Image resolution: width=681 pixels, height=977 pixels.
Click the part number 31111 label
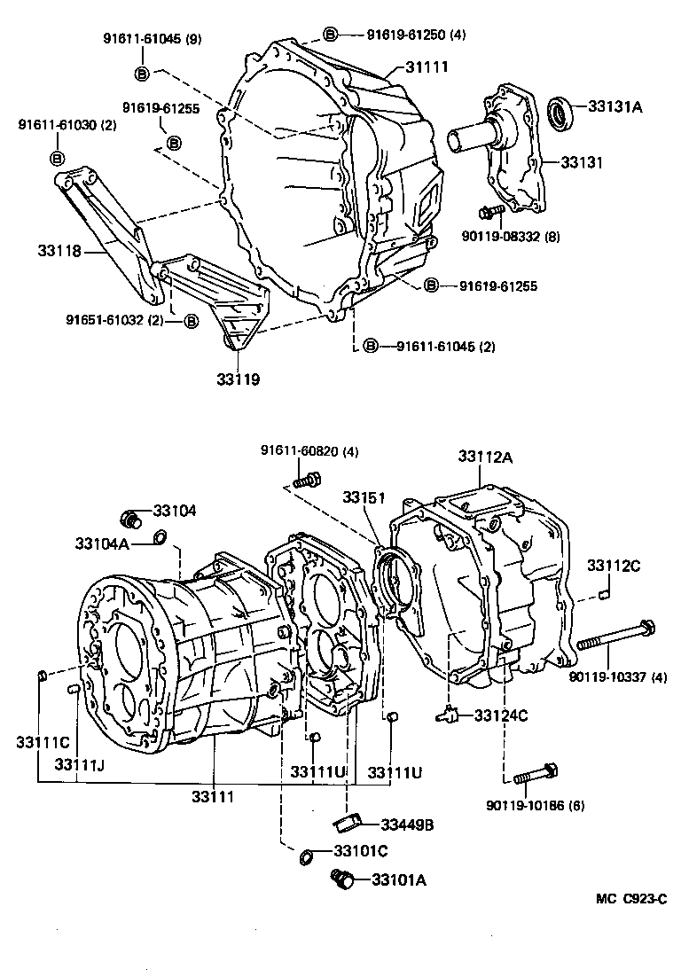click(427, 67)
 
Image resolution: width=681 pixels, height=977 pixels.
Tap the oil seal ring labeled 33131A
click(560, 113)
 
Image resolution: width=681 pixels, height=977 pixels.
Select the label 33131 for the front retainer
click(581, 163)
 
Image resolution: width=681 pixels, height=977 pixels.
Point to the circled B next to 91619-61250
click(330, 35)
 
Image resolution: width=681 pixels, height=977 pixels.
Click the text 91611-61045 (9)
click(142, 39)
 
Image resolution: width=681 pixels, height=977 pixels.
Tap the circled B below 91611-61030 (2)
click(57, 158)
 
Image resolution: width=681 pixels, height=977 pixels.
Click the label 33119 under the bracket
click(238, 379)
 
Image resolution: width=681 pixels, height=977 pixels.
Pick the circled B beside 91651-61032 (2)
click(191, 321)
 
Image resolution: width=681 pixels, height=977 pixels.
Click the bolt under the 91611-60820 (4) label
click(305, 481)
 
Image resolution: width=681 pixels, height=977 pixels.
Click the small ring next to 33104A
click(160, 536)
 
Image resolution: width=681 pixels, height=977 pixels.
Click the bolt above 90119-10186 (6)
click(534, 774)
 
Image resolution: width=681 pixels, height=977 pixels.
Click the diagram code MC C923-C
click(630, 898)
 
